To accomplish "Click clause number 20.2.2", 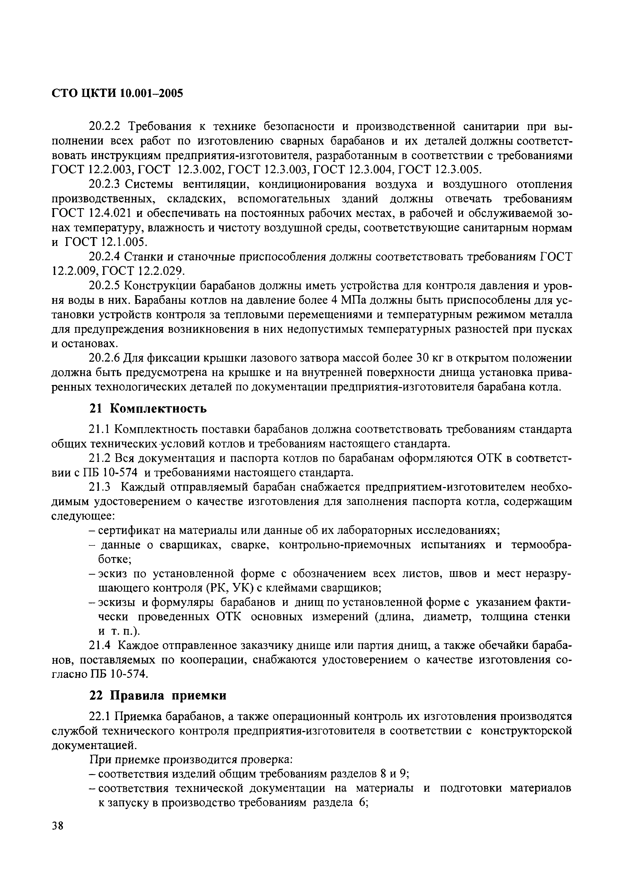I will pyautogui.click(x=105, y=127).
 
